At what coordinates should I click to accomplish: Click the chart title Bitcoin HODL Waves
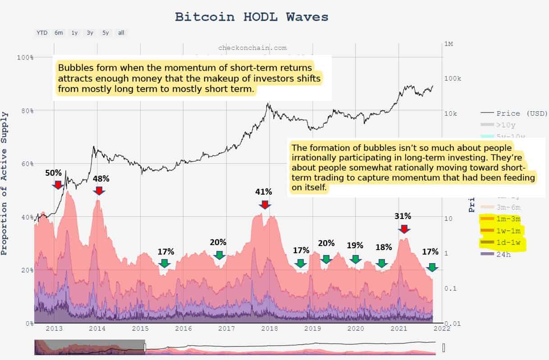pos(252,17)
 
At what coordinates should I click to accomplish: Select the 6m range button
pos(59,32)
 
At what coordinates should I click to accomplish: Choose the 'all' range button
pos(121,32)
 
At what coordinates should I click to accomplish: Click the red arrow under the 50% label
pos(57,184)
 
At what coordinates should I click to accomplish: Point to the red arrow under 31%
pos(404,228)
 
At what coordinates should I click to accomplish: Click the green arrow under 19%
pos(355,259)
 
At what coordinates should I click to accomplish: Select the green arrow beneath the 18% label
pos(382,263)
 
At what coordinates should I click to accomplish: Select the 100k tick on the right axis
pos(453,79)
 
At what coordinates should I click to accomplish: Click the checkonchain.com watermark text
pos(252,47)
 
